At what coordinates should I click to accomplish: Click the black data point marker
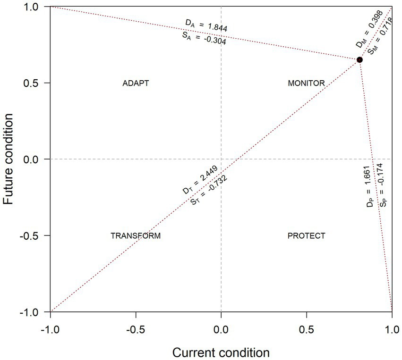click(359, 60)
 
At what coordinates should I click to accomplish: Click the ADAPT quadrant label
click(136, 83)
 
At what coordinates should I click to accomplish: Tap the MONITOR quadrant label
click(306, 83)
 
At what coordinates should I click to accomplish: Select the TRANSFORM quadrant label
click(136, 235)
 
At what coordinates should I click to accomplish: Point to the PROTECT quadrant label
click(306, 235)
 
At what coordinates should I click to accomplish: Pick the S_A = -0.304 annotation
click(204, 38)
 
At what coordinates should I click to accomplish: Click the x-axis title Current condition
click(221, 352)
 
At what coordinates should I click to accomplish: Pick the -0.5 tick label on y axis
click(33, 235)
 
